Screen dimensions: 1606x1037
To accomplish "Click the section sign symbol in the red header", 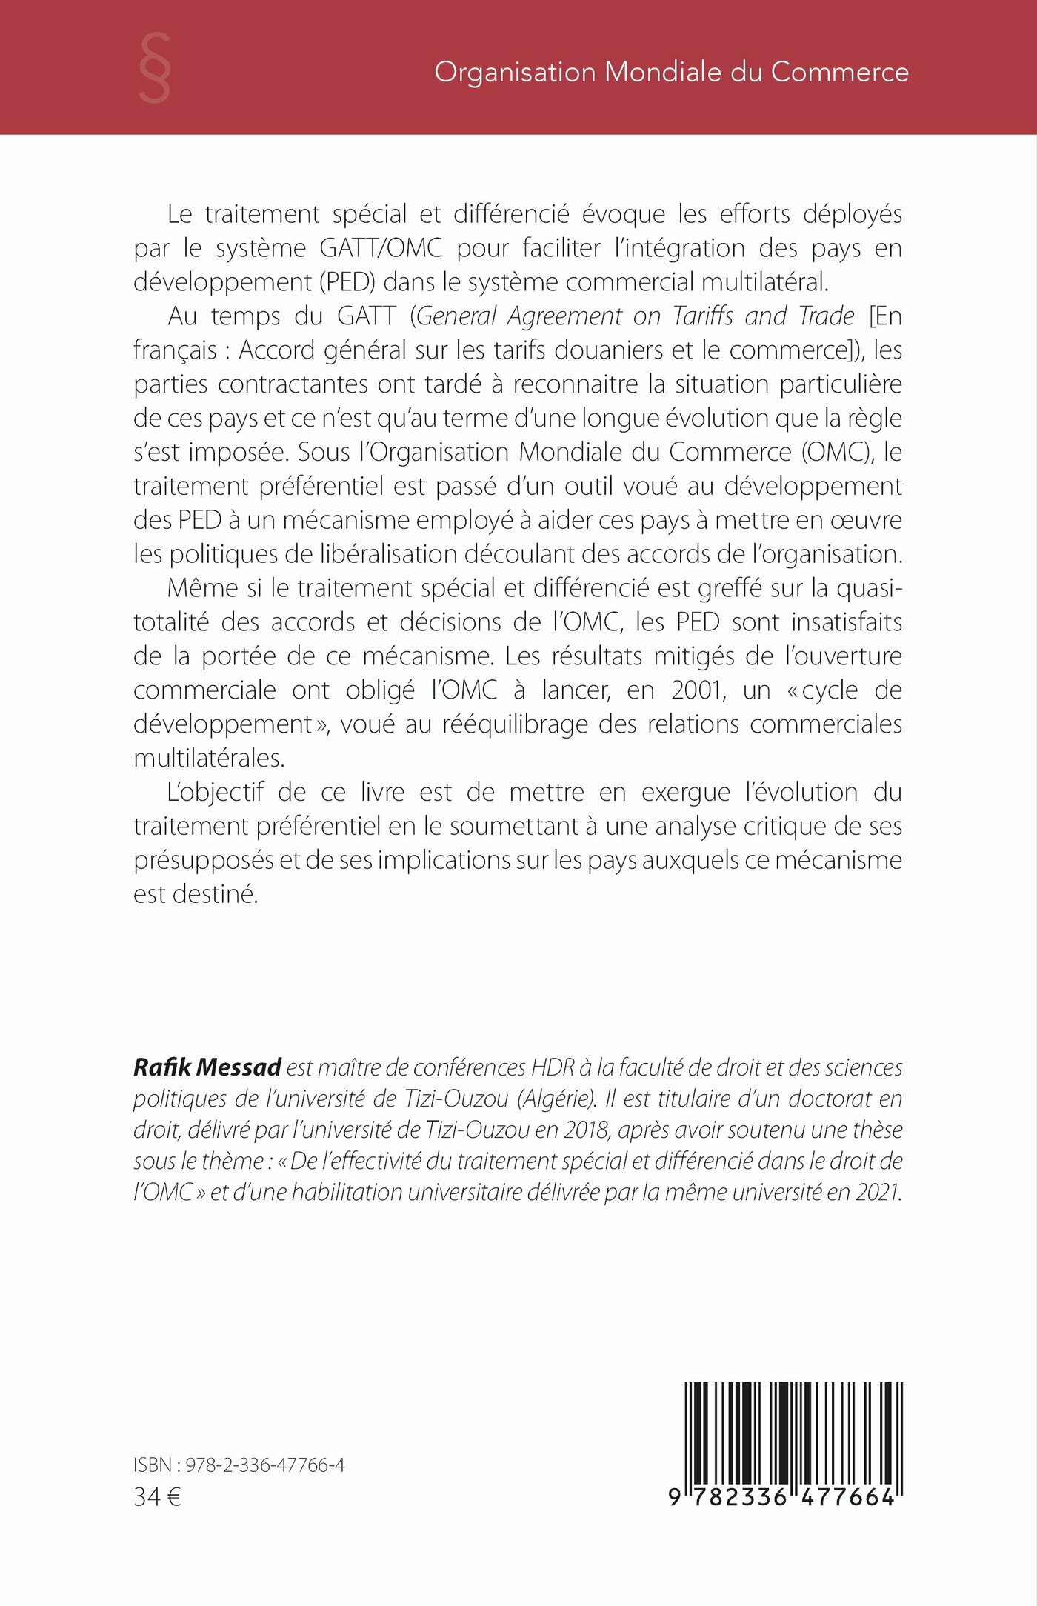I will tap(155, 69).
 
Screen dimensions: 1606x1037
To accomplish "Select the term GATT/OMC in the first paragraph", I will tap(381, 248).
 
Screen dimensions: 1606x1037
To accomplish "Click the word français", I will tap(176, 350).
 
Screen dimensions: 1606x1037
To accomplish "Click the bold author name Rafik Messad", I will tap(207, 1067).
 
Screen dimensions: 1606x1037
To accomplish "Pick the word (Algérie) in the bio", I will tap(557, 1099).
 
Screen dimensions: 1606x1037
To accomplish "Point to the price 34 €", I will tap(158, 1497).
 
